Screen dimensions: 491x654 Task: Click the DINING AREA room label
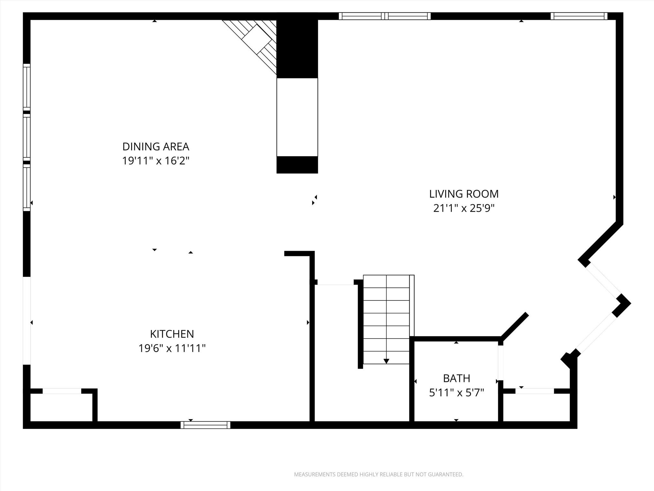[156, 147]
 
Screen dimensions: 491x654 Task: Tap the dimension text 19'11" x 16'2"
[156, 161]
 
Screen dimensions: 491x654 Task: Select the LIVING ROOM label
[464, 194]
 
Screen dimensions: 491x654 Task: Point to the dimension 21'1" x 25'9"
[464, 208]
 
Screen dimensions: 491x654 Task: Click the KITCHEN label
[172, 334]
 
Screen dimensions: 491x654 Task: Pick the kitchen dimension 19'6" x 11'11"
[172, 348]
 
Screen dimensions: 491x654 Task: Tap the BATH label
[456, 378]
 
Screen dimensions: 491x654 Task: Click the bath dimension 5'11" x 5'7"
[456, 393]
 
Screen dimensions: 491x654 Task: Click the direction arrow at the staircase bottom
[386, 361]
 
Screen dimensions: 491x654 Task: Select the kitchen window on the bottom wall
[205, 425]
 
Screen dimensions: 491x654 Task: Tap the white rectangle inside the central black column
[297, 117]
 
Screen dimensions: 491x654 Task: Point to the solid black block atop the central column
[297, 48]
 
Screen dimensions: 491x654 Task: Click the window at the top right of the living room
[579, 16]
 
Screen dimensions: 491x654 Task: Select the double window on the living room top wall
[384, 16]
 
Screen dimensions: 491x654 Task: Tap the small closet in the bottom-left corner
[61, 408]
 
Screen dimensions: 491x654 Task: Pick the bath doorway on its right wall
[501, 362]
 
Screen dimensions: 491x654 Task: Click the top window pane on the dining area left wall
[27, 87]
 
